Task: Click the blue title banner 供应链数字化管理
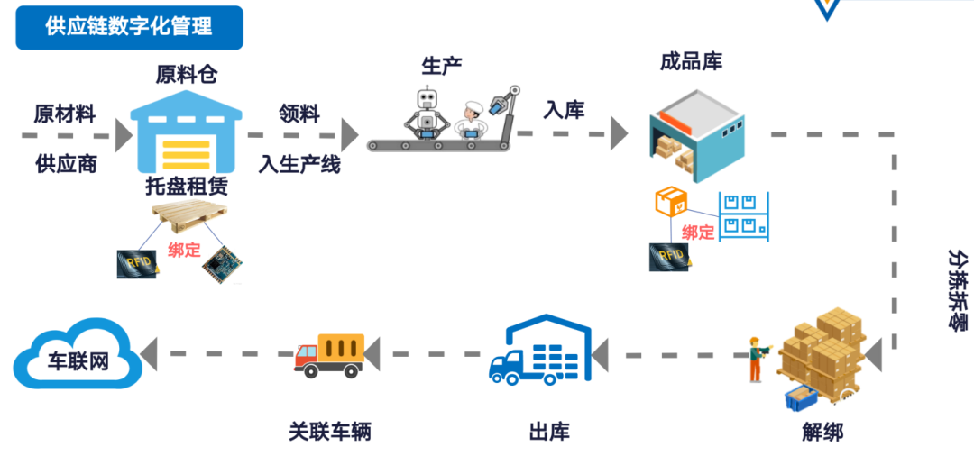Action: pyautogui.click(x=129, y=27)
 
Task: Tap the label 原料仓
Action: pyautogui.click(x=187, y=75)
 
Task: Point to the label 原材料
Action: pyautogui.click(x=65, y=114)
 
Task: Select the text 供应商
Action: pyautogui.click(x=66, y=164)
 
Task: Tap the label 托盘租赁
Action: pyautogui.click(x=187, y=187)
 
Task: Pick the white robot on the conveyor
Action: pyautogui.click(x=427, y=114)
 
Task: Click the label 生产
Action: pyautogui.click(x=443, y=66)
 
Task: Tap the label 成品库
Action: pyautogui.click(x=691, y=62)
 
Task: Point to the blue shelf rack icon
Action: pyautogui.click(x=744, y=215)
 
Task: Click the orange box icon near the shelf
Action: pyautogui.click(x=671, y=202)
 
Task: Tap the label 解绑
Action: pyautogui.click(x=822, y=432)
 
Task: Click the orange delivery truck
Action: pyautogui.click(x=329, y=351)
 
